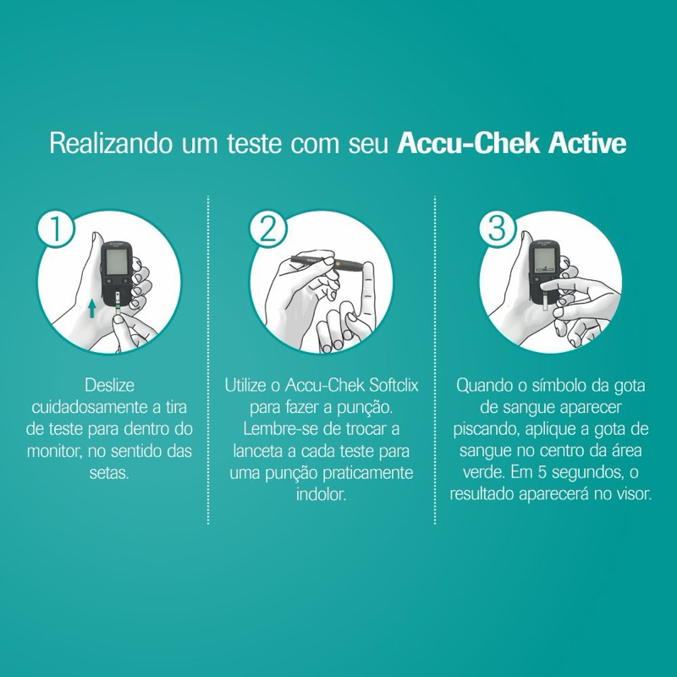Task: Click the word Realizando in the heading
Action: [x=111, y=144]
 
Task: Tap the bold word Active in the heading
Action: [x=587, y=143]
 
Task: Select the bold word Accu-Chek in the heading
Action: [x=469, y=143]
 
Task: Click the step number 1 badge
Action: [x=56, y=228]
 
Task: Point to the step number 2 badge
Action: [x=267, y=228]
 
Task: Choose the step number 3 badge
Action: [x=497, y=228]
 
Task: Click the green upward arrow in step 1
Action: [x=91, y=309]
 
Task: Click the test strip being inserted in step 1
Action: [x=118, y=305]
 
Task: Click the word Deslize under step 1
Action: [x=110, y=385]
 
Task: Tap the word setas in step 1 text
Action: [x=109, y=473]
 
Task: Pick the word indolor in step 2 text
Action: [x=322, y=494]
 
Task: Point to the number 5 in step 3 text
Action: [x=542, y=472]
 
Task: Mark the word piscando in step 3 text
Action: [x=486, y=430]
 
